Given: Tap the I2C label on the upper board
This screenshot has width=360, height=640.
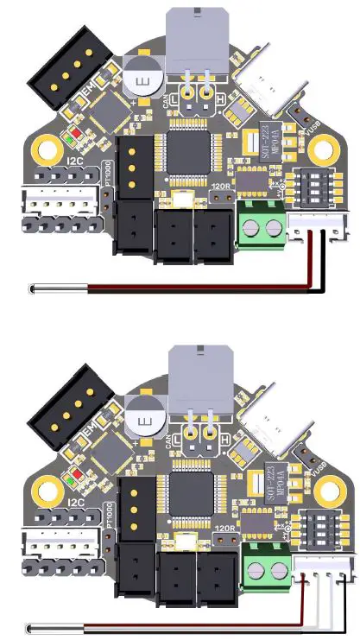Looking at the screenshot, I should [x=75, y=161].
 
